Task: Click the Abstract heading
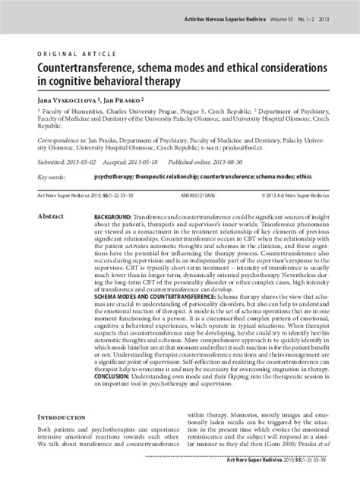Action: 50,216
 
